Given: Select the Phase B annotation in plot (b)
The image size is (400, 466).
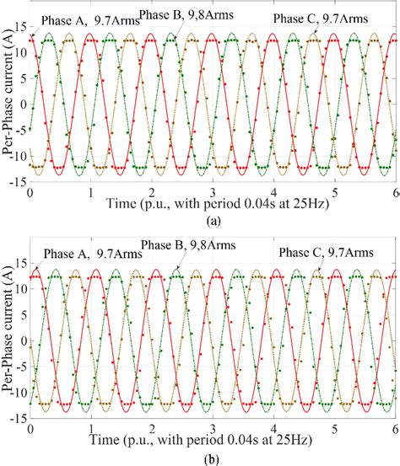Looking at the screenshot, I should tap(188, 245).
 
